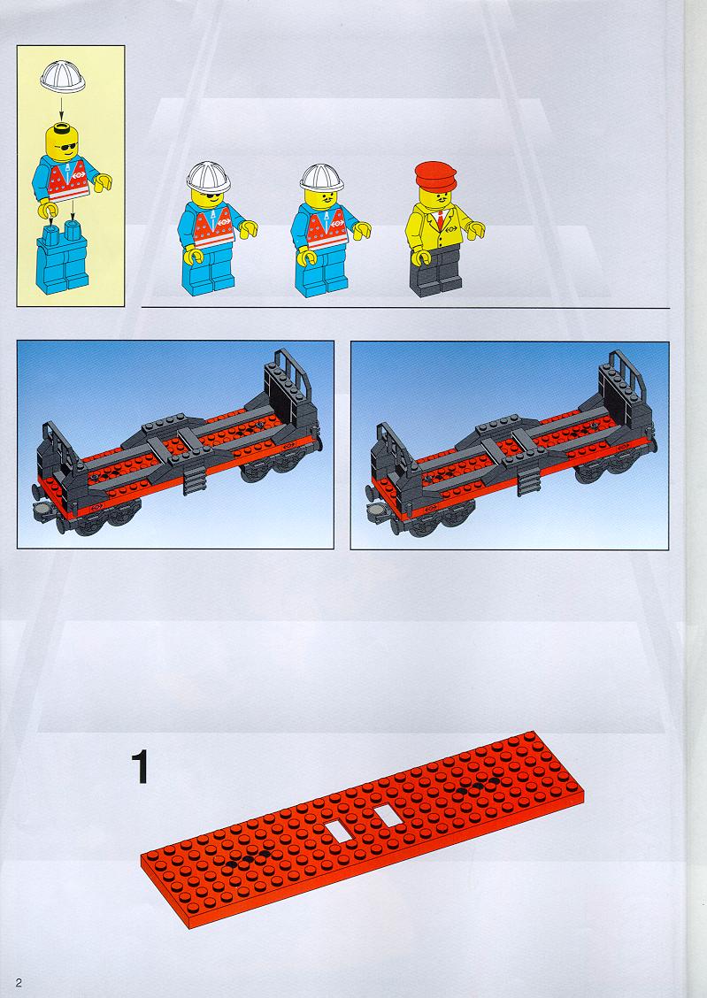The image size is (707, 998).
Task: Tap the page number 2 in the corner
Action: click(19, 982)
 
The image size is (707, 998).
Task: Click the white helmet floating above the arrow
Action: click(62, 76)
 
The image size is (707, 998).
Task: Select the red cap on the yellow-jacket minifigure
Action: click(435, 176)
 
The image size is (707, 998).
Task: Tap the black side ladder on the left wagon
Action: click(195, 480)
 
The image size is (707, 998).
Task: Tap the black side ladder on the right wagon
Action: click(529, 480)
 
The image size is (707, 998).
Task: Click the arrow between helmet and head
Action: click(62, 105)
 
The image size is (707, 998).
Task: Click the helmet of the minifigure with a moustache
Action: click(321, 178)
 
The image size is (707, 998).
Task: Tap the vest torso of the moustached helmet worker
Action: click(327, 227)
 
